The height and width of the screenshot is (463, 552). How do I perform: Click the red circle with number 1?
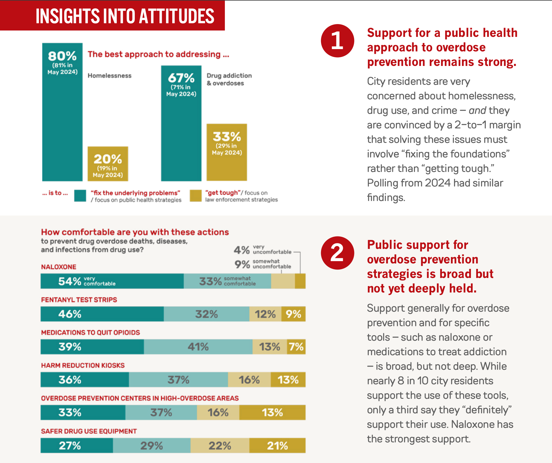coord(337,41)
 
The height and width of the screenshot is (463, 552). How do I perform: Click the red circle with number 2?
coord(337,253)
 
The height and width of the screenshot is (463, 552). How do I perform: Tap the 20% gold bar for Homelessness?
coord(108,164)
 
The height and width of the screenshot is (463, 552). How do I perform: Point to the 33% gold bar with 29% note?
coord(227,152)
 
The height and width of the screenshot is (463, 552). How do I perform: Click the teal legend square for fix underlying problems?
coord(80,195)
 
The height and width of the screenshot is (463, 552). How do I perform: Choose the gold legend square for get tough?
coord(196,195)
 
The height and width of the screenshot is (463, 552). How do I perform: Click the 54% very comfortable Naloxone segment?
coord(112,281)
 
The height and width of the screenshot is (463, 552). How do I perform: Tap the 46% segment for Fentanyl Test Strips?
coord(102,314)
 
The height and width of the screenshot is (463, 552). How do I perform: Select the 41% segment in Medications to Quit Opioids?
coord(198,347)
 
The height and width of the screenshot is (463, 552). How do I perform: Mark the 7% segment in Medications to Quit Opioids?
coord(296,347)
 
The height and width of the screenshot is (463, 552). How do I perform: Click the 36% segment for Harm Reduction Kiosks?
coord(85,380)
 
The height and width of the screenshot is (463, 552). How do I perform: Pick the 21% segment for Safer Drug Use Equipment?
coord(277,446)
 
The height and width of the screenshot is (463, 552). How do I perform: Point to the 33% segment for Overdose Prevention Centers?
coord(83,412)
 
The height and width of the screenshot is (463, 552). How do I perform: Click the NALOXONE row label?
coord(59,267)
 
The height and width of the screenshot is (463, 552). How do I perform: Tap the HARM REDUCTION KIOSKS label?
coord(83,365)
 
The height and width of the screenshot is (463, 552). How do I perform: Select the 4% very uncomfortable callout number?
coord(241,250)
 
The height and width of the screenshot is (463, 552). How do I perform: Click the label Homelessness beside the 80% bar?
coord(110,76)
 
